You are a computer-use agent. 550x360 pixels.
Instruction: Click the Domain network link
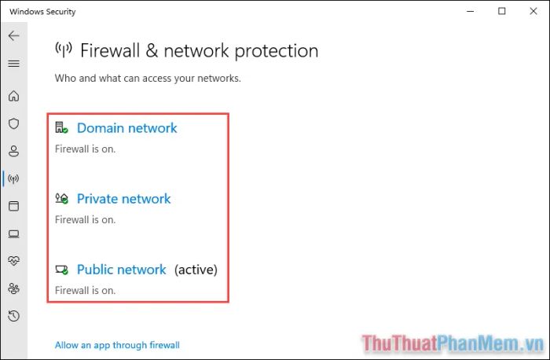pos(127,128)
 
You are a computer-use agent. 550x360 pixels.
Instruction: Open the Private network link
pos(124,199)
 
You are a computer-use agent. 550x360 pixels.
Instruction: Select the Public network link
pos(121,270)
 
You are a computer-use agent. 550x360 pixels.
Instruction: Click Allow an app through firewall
pos(117,345)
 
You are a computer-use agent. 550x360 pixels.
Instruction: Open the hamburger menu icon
pos(13,64)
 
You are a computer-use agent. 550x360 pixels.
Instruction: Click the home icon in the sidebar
pos(13,96)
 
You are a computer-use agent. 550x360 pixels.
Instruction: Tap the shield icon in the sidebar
pos(13,123)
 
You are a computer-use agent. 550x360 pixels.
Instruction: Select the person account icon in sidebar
pos(13,151)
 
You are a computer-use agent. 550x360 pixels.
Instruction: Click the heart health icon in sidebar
pos(13,261)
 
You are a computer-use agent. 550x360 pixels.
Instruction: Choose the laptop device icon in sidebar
pos(13,233)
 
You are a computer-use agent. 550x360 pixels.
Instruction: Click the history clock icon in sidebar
pos(13,316)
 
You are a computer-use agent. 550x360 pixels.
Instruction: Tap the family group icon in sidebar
pos(13,288)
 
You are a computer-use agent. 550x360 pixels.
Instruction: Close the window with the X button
pos(533,11)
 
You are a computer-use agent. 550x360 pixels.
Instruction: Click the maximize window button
pos(502,11)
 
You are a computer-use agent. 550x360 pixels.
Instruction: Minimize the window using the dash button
pos(471,11)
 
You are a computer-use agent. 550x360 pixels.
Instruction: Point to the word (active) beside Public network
pos(196,270)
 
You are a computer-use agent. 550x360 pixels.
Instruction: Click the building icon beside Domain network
pos(61,127)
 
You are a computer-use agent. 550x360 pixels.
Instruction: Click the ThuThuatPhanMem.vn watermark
pos(453,343)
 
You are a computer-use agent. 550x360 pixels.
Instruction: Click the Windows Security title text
pos(42,12)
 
